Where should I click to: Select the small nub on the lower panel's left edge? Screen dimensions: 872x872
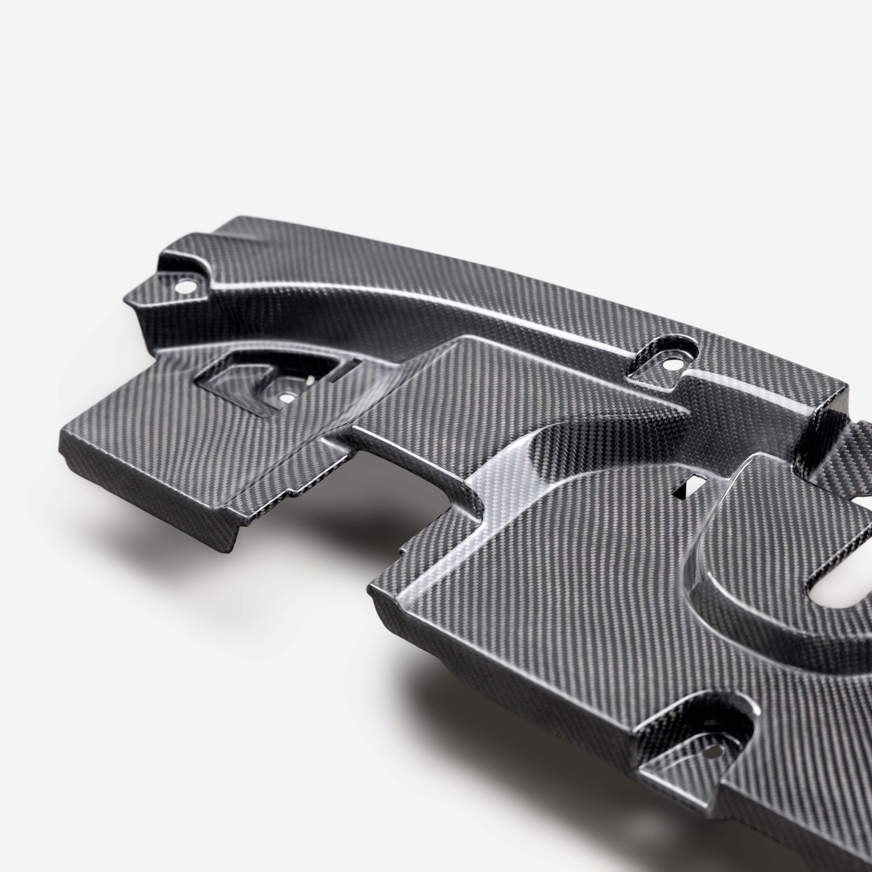coord(401,552)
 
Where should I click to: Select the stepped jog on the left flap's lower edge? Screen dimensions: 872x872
coord(289,496)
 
